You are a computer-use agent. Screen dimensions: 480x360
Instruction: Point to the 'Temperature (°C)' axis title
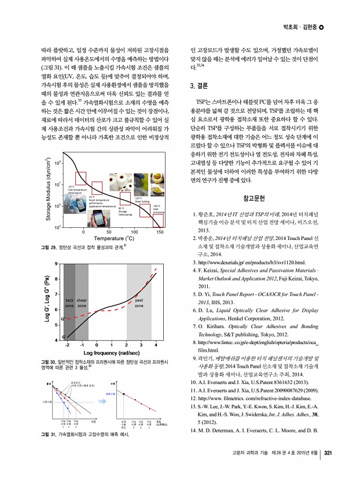(114, 239)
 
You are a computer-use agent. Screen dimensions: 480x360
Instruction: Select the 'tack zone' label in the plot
(69, 302)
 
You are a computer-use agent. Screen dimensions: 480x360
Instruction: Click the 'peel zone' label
(138, 302)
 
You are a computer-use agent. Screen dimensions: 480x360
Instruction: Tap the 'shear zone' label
(82, 302)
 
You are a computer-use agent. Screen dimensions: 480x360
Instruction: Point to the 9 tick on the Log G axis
(56, 264)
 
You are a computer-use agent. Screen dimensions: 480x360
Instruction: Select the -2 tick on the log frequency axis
(68, 345)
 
